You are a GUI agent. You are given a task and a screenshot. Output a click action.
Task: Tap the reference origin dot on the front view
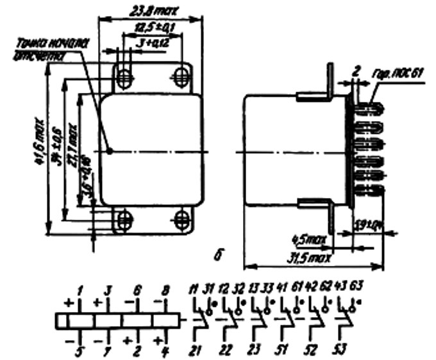(110, 151)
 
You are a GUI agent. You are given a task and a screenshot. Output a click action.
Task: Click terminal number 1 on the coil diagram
(80, 291)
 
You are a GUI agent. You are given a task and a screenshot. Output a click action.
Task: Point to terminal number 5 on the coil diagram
(80, 350)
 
